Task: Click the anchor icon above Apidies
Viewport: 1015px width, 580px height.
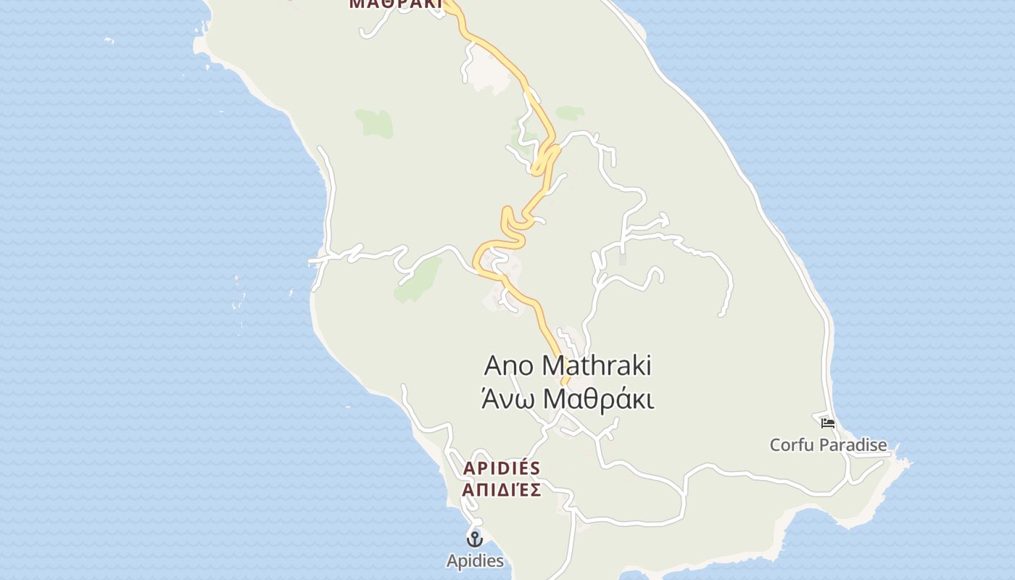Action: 474,539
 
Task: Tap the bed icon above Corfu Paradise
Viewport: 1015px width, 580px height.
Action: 827,423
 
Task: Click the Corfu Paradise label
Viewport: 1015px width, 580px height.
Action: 828,444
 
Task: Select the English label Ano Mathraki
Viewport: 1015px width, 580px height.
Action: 567,366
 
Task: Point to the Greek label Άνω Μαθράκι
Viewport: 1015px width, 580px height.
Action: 567,399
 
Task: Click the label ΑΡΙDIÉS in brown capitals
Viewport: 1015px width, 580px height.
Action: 502,468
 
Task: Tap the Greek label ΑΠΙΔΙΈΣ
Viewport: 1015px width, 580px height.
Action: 502,490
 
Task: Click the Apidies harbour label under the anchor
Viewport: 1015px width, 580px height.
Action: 474,560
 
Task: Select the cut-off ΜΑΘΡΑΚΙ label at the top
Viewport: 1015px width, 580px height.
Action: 395,4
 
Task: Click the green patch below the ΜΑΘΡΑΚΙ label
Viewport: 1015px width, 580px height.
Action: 375,123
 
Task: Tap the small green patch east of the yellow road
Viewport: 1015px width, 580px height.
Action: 570,112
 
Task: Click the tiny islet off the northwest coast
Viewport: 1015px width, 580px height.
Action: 109,40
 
